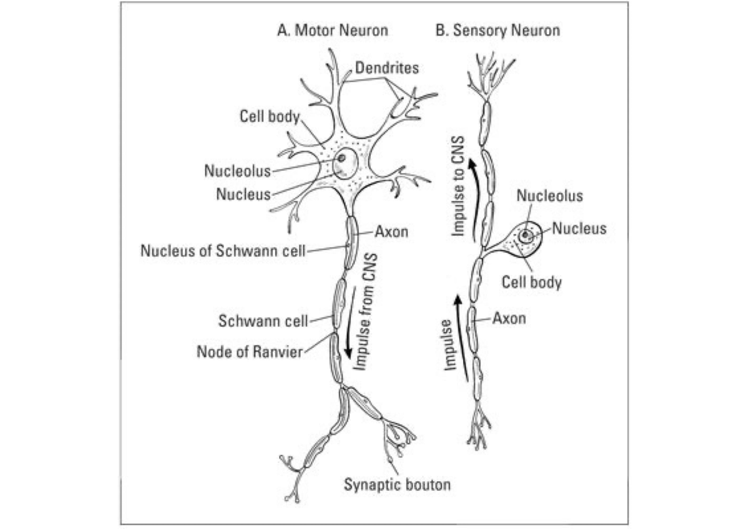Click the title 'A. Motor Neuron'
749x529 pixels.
pyautogui.click(x=333, y=30)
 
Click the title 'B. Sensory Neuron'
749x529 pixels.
pyautogui.click(x=497, y=30)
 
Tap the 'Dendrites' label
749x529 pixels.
pyautogui.click(x=387, y=68)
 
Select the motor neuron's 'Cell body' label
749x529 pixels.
pyautogui.click(x=270, y=117)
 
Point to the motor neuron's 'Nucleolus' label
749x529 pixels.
pyautogui.click(x=238, y=170)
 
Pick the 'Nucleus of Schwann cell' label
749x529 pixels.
pyautogui.click(x=223, y=251)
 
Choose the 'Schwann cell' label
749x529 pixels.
pyautogui.click(x=263, y=321)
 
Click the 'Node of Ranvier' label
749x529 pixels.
pyautogui.click(x=250, y=351)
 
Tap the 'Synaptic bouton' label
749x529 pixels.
pyautogui.click(x=397, y=484)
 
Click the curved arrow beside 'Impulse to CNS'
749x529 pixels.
pyautogui.click(x=477, y=200)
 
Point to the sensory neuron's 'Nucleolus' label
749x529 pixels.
pyautogui.click(x=550, y=196)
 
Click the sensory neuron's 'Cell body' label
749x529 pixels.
pyautogui.click(x=532, y=282)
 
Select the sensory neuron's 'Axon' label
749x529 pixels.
pyautogui.click(x=509, y=319)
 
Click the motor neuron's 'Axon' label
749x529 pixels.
pyautogui.click(x=391, y=232)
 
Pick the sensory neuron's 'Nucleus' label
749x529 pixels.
pyautogui.click(x=579, y=228)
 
